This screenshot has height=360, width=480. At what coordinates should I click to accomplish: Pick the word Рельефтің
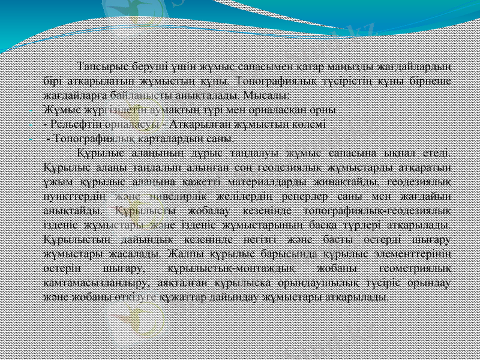[x=77, y=124]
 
